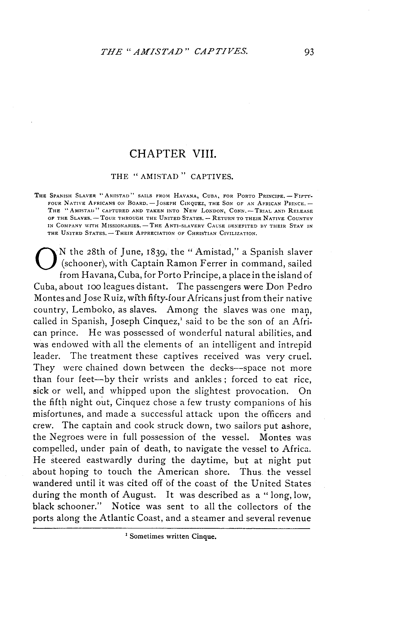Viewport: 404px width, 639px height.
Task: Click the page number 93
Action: tap(309, 52)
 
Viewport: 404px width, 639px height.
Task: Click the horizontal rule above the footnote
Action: tap(171, 529)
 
